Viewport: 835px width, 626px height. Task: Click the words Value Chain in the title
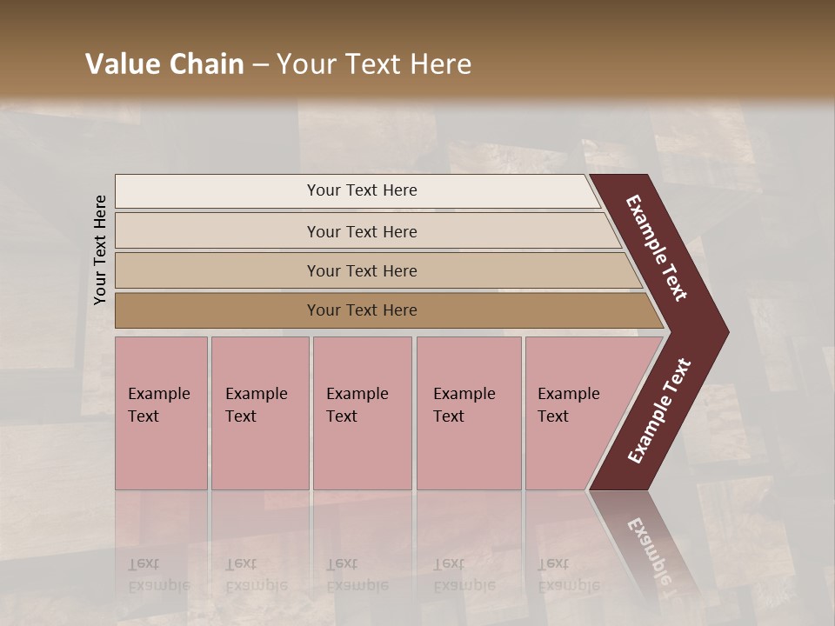point(164,64)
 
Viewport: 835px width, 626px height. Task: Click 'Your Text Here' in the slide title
point(374,64)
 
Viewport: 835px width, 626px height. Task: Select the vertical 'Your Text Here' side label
point(100,250)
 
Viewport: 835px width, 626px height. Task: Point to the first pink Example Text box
point(161,413)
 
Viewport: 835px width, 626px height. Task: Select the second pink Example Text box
point(260,413)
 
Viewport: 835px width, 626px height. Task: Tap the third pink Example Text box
point(362,413)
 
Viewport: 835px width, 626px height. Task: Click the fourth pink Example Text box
point(469,413)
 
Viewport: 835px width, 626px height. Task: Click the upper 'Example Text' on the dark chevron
point(657,248)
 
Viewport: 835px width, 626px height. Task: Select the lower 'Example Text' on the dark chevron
point(658,411)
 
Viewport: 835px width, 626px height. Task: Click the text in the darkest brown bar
point(362,310)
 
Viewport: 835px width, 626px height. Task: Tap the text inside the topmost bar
point(362,190)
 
